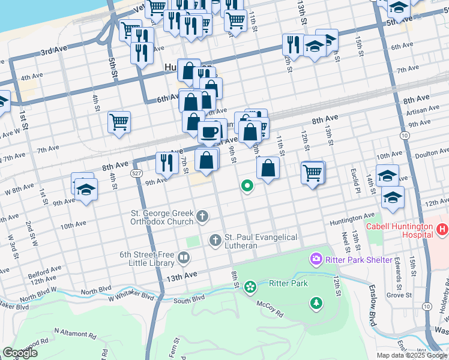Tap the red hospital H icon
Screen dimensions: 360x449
tap(442, 229)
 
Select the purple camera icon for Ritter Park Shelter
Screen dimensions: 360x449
tap(315, 260)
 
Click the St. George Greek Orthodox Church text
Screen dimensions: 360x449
tap(162, 217)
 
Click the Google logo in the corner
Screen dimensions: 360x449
tap(20, 353)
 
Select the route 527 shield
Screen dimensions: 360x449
tap(136, 173)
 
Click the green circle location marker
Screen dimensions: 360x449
tap(247, 186)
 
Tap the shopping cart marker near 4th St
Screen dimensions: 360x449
tap(119, 122)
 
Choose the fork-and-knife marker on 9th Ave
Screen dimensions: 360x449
tap(165, 163)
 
